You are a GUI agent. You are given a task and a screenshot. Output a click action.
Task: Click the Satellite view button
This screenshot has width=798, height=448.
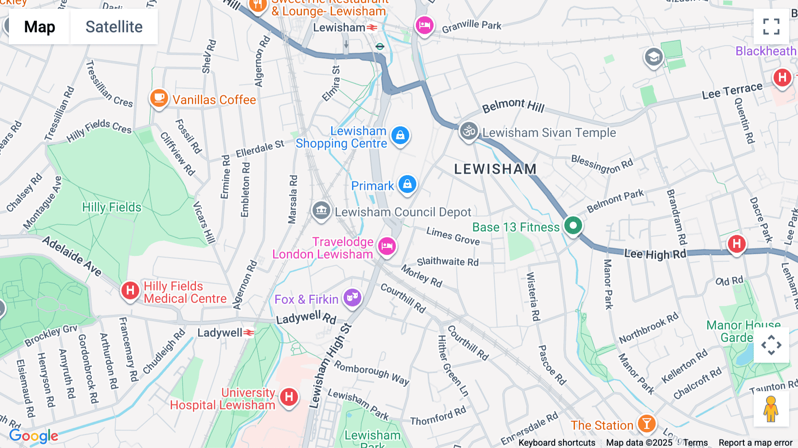114,27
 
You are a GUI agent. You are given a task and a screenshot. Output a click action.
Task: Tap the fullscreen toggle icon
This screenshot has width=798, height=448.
771,27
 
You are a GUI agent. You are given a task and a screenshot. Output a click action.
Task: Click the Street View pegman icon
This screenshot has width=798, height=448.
771,409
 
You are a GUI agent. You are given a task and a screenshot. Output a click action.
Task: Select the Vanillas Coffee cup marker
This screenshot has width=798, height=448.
159,98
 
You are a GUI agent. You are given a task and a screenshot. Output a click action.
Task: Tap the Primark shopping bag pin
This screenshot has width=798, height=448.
407,184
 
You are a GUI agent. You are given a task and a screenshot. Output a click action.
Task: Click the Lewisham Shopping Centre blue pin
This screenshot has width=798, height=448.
400,135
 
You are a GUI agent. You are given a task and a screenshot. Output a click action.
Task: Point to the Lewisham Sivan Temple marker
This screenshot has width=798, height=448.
469,131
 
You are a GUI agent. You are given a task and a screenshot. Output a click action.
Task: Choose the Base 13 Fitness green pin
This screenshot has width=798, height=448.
573,225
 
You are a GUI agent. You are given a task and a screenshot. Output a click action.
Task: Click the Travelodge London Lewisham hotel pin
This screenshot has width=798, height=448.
387,246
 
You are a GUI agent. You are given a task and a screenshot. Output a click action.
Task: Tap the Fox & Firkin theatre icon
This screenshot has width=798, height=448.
352,298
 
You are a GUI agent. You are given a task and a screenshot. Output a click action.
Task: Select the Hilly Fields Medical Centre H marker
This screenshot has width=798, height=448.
130,291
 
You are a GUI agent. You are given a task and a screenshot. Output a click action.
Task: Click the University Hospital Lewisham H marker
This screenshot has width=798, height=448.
289,397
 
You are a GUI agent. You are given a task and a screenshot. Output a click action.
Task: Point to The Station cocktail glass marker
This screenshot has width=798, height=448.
646,424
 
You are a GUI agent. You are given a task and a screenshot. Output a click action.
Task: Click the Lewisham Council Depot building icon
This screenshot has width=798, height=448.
321,210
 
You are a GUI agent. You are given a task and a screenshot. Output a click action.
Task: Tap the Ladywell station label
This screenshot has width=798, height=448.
220,333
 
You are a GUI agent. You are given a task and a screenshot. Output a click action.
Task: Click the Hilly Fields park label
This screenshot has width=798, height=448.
112,207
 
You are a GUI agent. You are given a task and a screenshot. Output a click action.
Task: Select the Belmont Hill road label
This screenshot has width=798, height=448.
513,106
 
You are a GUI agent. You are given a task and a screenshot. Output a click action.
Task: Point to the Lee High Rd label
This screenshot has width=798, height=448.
655,254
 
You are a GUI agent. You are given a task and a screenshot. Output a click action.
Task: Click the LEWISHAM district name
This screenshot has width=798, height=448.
495,169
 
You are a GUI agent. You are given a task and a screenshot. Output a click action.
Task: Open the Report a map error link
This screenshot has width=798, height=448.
755,443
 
